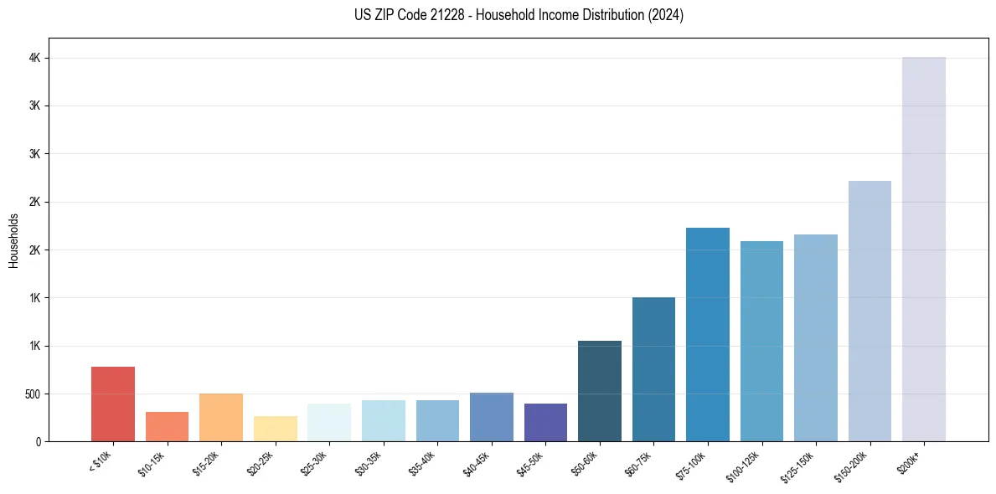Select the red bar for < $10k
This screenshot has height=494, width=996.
(113, 404)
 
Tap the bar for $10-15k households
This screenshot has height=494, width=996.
(167, 426)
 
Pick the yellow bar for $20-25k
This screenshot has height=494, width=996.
(275, 429)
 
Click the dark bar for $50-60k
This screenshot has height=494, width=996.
(600, 391)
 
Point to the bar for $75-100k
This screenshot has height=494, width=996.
(708, 334)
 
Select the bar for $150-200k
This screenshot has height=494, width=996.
(870, 311)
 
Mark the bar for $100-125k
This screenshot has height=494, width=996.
(761, 341)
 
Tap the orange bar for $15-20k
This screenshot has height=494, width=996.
(221, 417)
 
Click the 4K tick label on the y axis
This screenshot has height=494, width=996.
(34, 59)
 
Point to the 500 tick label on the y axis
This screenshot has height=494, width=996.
(32, 394)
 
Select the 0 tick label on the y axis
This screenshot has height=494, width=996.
(39, 442)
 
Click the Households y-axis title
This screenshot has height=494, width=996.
(14, 240)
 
